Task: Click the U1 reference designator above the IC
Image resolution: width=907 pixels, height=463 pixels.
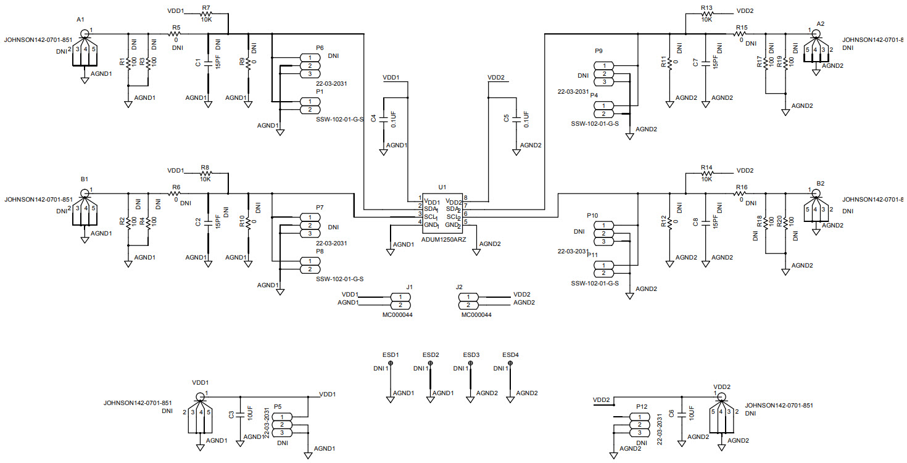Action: click(441, 186)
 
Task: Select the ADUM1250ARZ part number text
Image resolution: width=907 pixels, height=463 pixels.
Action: click(444, 239)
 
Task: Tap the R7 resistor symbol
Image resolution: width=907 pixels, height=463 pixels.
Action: click(206, 12)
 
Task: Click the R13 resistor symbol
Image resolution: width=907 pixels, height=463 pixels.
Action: click(706, 12)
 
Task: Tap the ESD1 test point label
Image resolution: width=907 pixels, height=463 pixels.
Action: click(390, 355)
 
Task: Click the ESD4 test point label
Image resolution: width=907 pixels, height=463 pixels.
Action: click(510, 355)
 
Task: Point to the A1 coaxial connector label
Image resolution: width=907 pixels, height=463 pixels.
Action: click(80, 20)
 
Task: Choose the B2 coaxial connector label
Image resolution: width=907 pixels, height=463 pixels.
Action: click(820, 184)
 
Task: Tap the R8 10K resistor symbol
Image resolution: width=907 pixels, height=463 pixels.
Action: click(205, 175)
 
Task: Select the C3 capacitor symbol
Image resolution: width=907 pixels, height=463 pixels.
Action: click(240, 414)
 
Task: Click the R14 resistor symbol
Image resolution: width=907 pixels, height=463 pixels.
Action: click(706, 174)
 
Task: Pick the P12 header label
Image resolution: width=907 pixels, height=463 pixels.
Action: click(642, 407)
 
